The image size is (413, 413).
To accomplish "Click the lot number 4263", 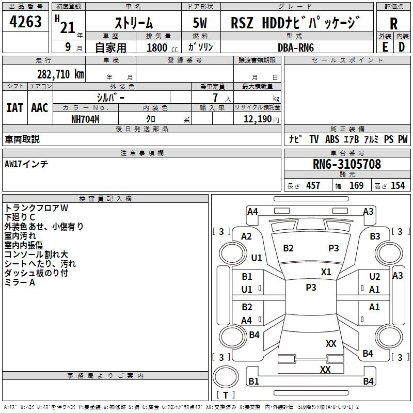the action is (26, 23).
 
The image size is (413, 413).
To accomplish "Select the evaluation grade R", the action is (393, 24).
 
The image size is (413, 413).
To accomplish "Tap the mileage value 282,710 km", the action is (60, 74).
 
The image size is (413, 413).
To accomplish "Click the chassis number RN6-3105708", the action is (347, 165).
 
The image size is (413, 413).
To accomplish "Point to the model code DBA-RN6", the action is (296, 47).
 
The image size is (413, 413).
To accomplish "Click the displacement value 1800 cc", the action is (158, 47).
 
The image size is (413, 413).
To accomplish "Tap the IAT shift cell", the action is (14, 108).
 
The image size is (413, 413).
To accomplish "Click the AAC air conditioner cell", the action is (40, 108).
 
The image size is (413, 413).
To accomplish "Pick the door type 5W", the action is (201, 23).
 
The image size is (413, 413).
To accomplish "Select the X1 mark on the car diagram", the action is (326, 272).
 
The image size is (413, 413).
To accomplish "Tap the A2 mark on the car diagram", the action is (247, 236).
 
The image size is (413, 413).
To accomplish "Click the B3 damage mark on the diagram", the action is (375, 236).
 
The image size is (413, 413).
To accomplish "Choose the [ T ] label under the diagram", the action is (226, 395).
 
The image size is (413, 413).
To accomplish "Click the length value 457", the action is (313, 186).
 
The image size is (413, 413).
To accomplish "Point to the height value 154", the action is (398, 186).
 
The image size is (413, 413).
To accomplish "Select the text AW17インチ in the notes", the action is (26, 164).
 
